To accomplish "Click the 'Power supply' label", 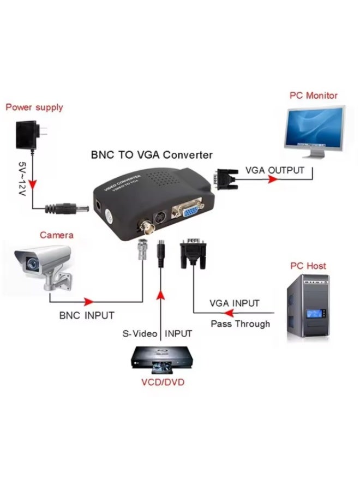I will pos(34,107).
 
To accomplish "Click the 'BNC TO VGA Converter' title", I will pos(151,155).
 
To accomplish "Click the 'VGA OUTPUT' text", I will pos(274,170).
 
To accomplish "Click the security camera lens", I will pos(31,265).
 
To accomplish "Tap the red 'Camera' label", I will pos(56,235).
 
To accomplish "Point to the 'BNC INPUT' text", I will pos(87,315).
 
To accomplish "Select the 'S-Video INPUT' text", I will pos(157,333).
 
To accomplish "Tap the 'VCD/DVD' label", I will pos(162,382).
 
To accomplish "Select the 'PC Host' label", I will pos(308,266).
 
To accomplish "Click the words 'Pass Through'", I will pos(241,324).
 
